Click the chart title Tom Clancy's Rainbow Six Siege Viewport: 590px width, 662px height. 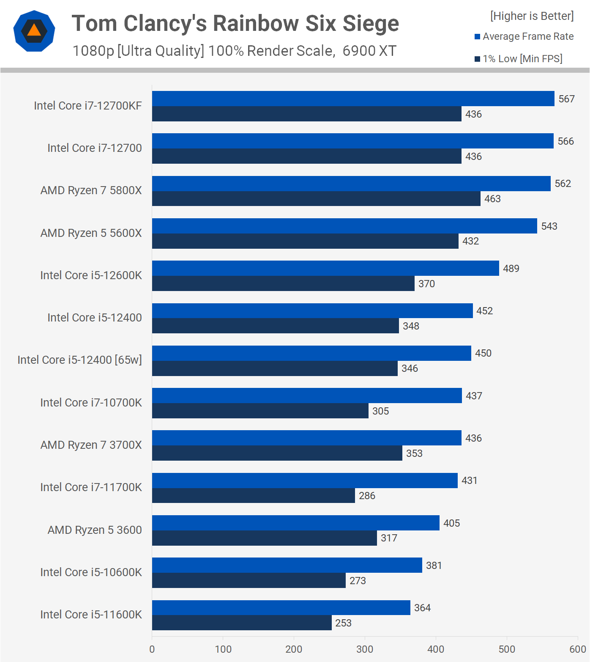[x=235, y=23]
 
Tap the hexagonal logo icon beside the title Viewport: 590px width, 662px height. [x=34, y=31]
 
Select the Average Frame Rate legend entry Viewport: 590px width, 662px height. [x=524, y=36]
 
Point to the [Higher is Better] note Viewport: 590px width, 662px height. [x=532, y=16]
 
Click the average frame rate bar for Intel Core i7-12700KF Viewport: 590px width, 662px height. [x=353, y=99]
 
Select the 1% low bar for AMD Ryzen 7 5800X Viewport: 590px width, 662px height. [x=316, y=199]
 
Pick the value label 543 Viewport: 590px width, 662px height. [x=549, y=226]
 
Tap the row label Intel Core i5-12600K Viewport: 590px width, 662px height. [x=91, y=275]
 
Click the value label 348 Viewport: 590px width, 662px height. [x=411, y=326]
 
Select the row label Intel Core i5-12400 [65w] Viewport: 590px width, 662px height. [x=79, y=360]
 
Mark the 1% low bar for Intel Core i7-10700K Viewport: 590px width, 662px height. [x=260, y=411]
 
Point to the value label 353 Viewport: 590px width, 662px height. [x=414, y=453]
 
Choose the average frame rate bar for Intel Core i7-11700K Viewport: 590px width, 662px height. [x=305, y=481]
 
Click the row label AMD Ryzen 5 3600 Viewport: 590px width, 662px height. [x=95, y=530]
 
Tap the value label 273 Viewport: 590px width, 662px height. [x=358, y=581]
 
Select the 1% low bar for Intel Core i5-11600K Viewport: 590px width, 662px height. [x=242, y=623]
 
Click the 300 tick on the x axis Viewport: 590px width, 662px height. [x=365, y=649]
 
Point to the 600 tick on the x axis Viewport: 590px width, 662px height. [x=577, y=649]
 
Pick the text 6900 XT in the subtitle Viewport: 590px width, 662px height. [x=369, y=51]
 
